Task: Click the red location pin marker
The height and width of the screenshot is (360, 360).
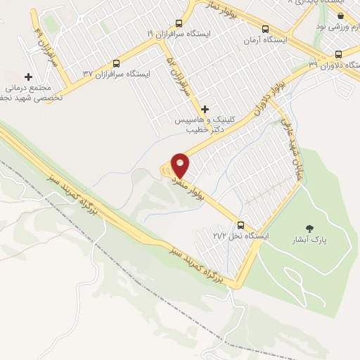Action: (181, 164)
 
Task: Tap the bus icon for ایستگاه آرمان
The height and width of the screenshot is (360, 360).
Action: (265, 29)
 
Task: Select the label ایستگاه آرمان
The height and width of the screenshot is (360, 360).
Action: (266, 40)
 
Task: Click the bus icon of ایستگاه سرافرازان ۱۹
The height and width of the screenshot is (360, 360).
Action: (179, 23)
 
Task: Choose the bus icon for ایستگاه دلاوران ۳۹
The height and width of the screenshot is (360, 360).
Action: (339, 54)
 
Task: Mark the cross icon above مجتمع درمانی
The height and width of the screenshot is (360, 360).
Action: (29, 77)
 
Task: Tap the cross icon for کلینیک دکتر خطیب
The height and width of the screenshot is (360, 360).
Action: (205, 109)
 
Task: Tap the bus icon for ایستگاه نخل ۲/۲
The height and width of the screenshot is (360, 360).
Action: (241, 226)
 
